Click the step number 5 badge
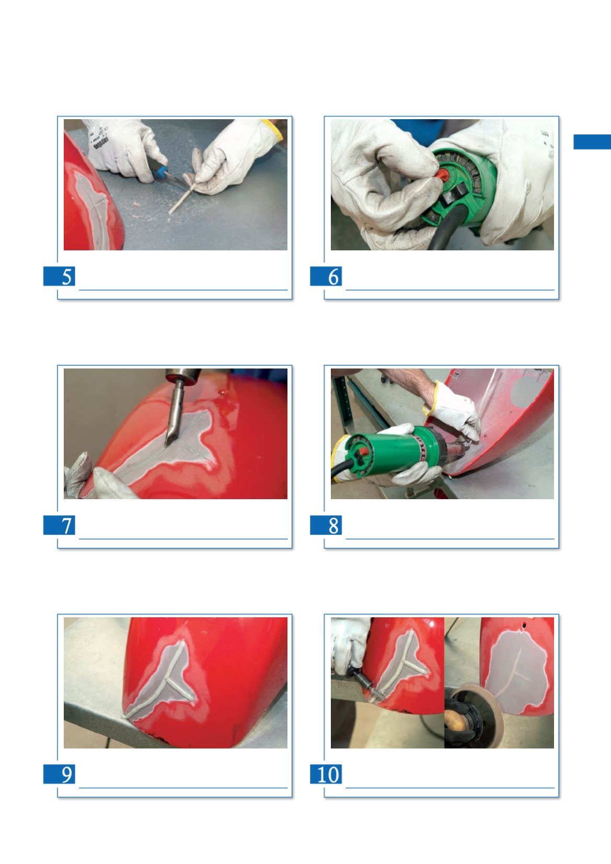(59, 276)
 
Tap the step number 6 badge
(326, 276)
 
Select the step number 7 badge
(59, 525)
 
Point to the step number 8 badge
(326, 525)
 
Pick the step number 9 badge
(59, 774)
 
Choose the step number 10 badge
(326, 774)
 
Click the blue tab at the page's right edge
(592, 142)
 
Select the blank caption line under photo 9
(183, 788)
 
